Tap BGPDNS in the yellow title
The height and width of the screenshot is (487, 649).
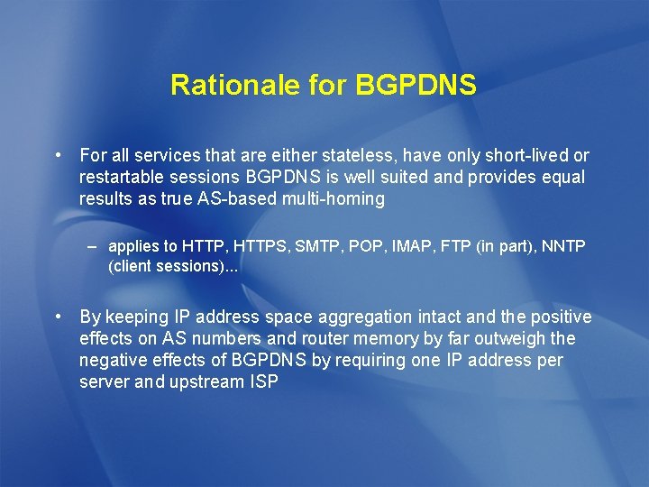(x=416, y=85)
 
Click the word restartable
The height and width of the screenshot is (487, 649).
(x=121, y=178)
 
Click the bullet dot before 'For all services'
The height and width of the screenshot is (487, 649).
(x=58, y=155)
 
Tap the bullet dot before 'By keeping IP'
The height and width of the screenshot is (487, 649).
(x=58, y=317)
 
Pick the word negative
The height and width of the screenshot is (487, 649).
(x=113, y=361)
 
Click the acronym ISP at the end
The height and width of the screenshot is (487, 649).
(x=262, y=382)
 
